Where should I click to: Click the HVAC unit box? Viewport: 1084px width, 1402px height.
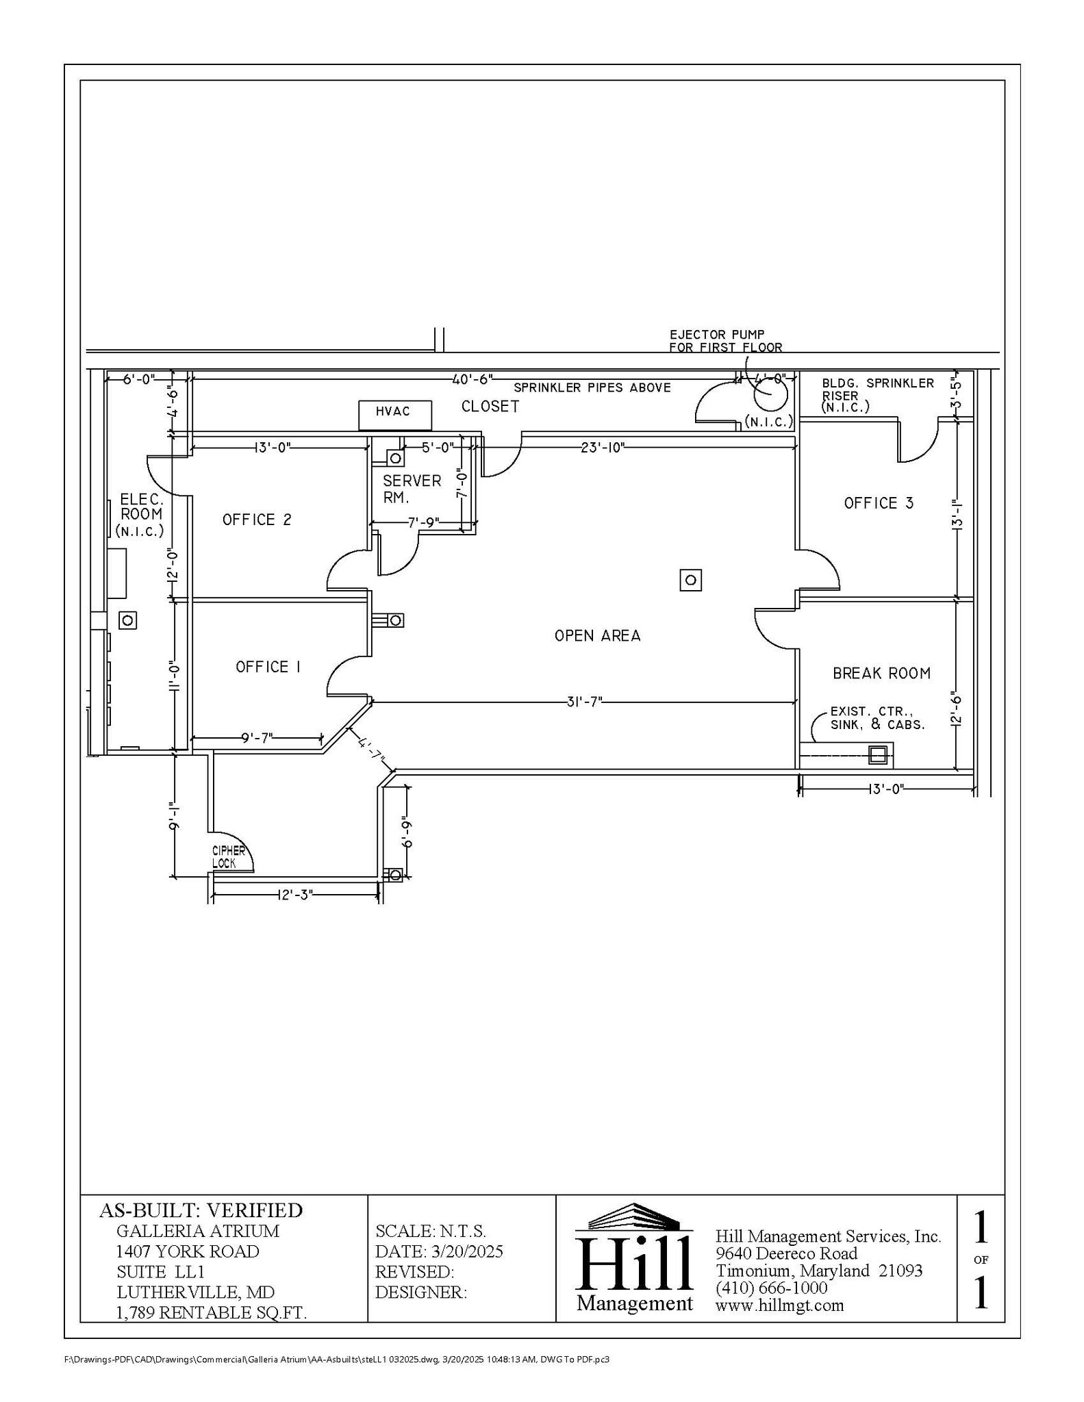tap(395, 415)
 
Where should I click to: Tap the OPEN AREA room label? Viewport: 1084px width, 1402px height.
tap(597, 636)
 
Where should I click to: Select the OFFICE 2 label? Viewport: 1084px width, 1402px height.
tap(257, 520)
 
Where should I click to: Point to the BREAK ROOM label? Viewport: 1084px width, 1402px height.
tap(881, 674)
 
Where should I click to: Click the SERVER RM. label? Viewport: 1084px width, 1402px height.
tap(411, 489)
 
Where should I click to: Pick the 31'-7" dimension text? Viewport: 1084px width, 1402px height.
tap(583, 702)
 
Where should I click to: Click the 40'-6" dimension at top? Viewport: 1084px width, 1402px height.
tap(472, 379)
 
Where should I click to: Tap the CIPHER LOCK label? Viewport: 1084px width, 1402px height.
tap(228, 856)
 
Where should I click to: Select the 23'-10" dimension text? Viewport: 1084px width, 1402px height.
tap(603, 448)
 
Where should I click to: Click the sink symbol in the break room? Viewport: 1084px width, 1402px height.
tap(877, 755)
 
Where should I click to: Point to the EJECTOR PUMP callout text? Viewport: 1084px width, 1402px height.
tap(725, 341)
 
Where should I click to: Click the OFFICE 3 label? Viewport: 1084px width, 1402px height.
tap(879, 503)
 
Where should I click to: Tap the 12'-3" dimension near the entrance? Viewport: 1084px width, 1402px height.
tap(295, 895)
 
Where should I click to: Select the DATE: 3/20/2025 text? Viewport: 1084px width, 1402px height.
tap(439, 1251)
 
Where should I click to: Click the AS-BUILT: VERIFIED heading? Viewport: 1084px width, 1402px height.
tap(201, 1210)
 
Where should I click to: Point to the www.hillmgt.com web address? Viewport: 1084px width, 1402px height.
tap(779, 1305)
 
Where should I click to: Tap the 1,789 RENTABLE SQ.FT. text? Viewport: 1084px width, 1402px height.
tap(211, 1312)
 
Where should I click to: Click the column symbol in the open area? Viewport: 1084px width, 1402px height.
tap(690, 581)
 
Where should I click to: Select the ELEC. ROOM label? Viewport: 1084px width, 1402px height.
tap(141, 515)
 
